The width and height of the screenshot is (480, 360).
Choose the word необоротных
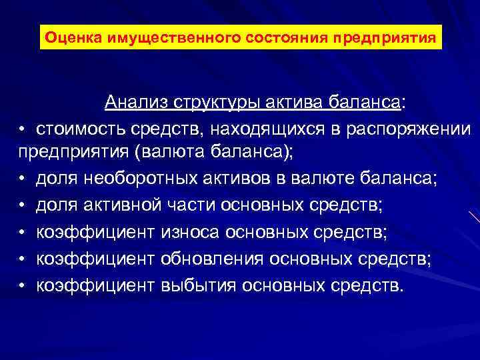pyautogui.click(x=131, y=179)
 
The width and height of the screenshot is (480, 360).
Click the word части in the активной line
pyautogui.click(x=182, y=205)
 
